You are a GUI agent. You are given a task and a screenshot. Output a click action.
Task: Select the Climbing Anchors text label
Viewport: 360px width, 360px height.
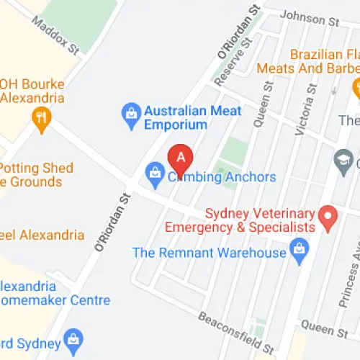point(221,176)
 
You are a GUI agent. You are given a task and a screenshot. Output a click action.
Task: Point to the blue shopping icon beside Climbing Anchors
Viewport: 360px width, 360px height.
point(154,173)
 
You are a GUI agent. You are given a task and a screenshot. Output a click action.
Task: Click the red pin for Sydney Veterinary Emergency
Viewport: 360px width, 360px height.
point(328,217)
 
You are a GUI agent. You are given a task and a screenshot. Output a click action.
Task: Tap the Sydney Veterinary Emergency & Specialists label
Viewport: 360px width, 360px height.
point(261,220)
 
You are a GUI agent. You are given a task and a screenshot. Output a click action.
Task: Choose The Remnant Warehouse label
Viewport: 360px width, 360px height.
point(209,253)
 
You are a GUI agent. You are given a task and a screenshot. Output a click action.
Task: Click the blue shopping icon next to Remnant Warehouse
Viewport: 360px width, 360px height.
point(299,251)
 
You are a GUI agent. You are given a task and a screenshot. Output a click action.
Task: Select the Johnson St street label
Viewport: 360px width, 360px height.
point(309,18)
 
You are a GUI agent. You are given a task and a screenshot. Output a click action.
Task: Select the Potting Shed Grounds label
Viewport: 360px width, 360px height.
point(36,175)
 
